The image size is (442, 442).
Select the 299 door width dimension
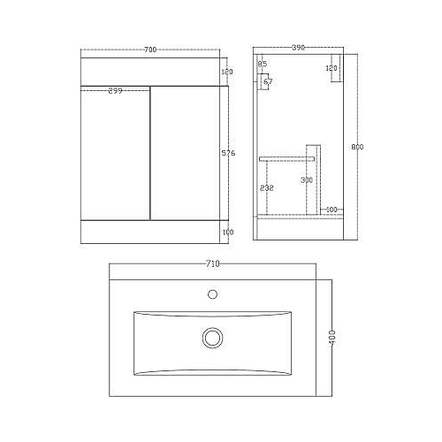coord(116,91)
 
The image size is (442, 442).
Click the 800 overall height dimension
coord(356,146)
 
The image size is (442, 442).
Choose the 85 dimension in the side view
coord(262,65)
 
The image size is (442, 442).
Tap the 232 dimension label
coord(266,187)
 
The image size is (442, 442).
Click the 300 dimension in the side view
coord(307,180)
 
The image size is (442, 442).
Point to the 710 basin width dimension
coord(212,263)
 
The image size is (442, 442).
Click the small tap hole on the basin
coord(212,294)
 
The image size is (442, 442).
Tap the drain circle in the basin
coord(212,337)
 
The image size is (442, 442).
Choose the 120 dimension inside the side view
coord(331,68)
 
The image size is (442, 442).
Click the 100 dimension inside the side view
coord(331,210)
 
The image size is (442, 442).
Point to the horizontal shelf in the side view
coord(287,156)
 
